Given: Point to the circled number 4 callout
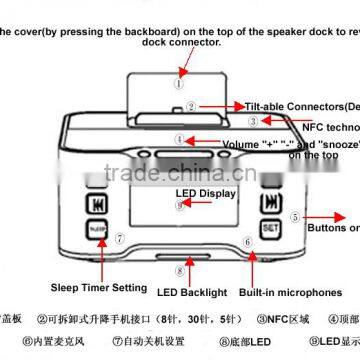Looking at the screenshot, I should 179,140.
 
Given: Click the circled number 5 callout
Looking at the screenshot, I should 295,216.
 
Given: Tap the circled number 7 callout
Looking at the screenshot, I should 119,239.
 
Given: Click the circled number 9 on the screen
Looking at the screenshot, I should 180,206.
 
